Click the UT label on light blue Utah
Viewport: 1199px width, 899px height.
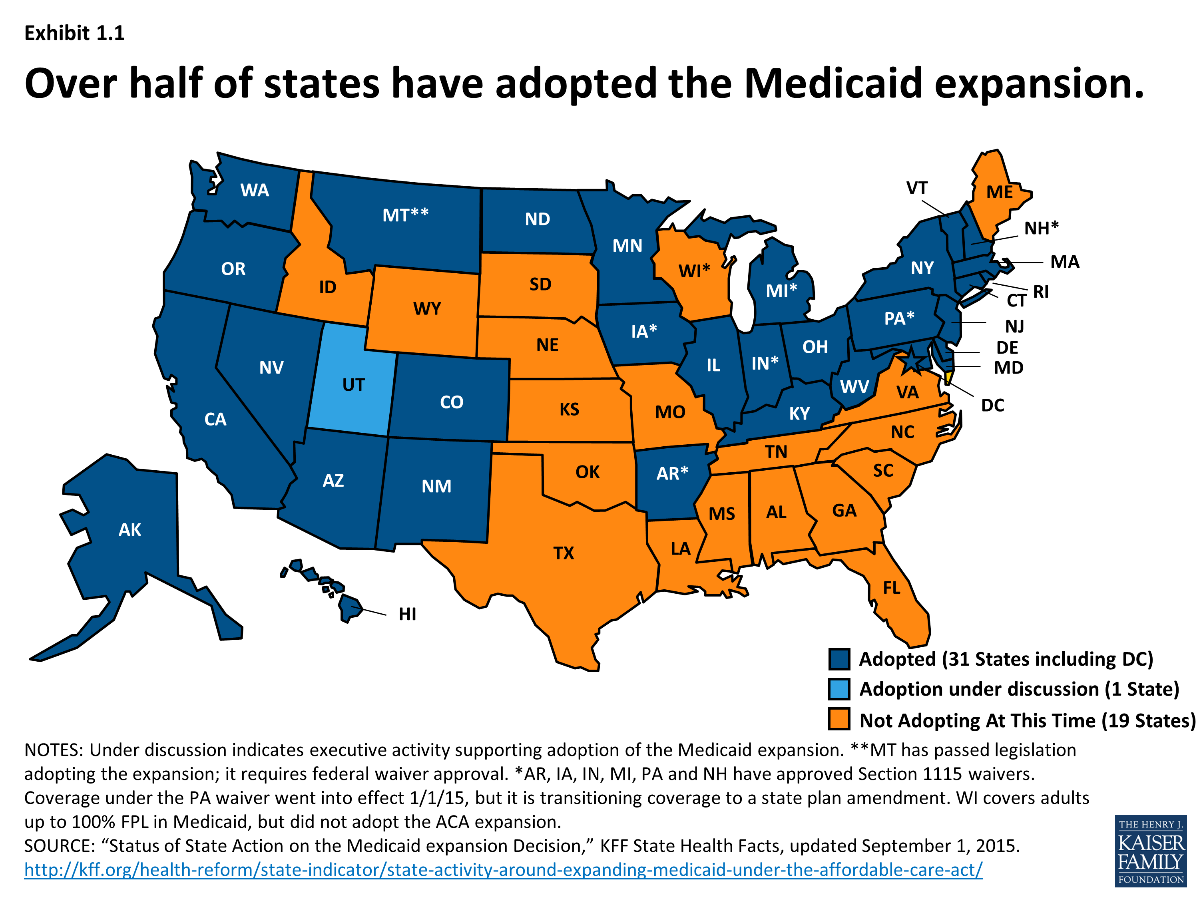click(353, 385)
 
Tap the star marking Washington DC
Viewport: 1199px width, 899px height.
click(911, 360)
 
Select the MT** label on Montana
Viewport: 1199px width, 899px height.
click(405, 215)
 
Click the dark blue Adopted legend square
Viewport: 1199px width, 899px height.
click(839, 659)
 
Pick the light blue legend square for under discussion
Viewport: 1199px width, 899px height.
click(839, 689)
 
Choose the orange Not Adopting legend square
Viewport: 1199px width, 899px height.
click(839, 720)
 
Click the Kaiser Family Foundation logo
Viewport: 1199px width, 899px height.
click(1151, 851)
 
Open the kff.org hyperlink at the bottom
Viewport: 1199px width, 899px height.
click(503, 870)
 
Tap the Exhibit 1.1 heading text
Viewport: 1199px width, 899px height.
click(74, 34)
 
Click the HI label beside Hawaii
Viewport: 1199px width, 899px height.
click(407, 614)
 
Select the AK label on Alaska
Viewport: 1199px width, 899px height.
click(130, 529)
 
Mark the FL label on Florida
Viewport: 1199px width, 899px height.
click(892, 587)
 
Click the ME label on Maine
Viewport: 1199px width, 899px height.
click(1000, 192)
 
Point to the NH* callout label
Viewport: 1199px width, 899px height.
click(1041, 228)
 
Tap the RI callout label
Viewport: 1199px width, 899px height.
click(1041, 292)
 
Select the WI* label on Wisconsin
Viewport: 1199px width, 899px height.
click(694, 270)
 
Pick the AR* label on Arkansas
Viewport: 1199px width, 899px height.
click(672, 473)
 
